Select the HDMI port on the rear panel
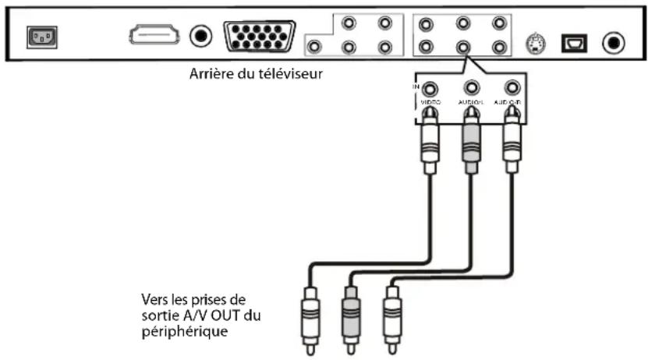[x=154, y=35]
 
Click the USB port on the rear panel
[x=573, y=41]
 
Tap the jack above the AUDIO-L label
[x=471, y=88]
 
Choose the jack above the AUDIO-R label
[x=512, y=88]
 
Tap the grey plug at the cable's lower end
[x=349, y=312]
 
